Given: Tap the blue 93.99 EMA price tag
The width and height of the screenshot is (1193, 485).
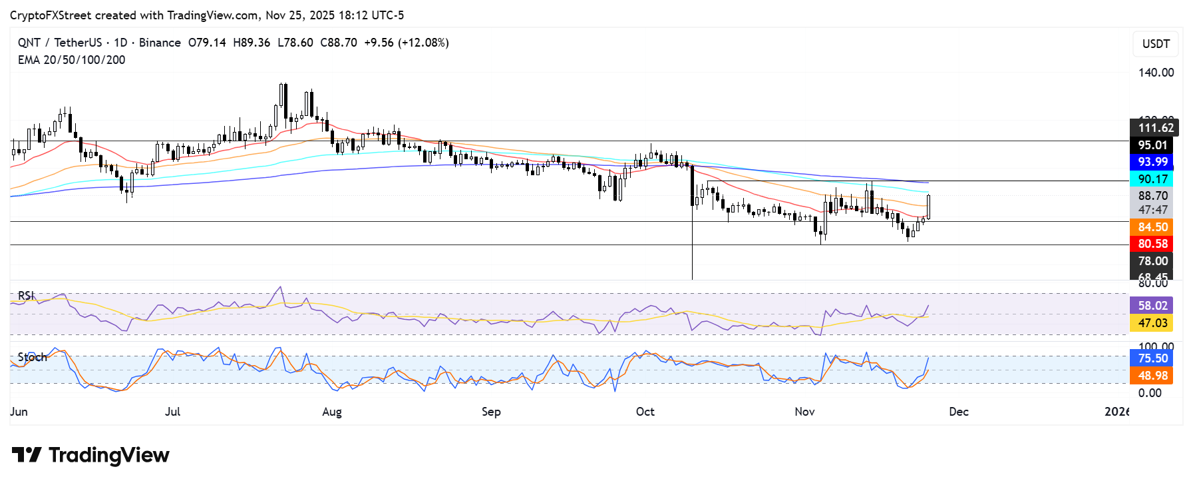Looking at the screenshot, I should point(1152,162).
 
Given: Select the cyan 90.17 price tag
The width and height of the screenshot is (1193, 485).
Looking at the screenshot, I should point(1152,179).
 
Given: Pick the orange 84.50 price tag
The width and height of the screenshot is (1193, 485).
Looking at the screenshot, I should point(1152,227).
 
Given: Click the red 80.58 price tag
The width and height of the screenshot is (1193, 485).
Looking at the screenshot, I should point(1152,244).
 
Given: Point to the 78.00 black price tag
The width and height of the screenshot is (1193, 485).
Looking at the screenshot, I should point(1152,261).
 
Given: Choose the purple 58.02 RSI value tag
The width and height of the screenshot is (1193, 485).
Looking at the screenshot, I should point(1152,306).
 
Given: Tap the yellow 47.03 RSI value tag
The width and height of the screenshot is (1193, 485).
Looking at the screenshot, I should point(1152,323).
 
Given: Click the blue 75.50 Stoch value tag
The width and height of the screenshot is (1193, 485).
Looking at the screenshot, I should point(1152,358).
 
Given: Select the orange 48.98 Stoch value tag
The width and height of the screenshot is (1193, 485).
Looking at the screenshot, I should point(1152,376).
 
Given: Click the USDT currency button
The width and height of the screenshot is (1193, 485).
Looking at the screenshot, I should point(1156,44).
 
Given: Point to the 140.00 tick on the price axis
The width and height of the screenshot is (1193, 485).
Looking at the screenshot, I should point(1156,73).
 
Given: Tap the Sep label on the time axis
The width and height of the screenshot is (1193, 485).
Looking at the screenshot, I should point(491,412).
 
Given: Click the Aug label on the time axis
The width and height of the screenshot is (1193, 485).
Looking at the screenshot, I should point(331,412).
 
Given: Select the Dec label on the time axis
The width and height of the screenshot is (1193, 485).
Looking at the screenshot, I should point(958,412).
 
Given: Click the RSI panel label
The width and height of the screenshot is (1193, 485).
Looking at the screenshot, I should point(26,296).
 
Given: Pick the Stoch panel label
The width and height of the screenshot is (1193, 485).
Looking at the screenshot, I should point(32,357).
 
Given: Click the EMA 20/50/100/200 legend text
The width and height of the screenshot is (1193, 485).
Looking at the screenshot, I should point(71,60).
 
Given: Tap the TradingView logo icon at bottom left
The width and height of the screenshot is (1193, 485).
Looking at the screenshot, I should point(27,455).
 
